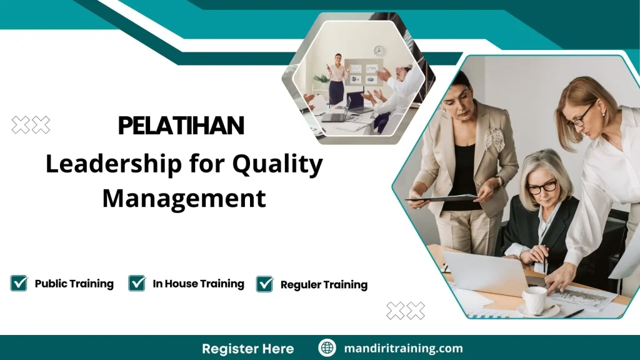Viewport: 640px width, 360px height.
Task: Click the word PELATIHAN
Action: point(181,126)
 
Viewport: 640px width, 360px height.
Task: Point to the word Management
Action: point(184,198)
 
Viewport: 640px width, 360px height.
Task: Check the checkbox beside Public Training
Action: point(19,283)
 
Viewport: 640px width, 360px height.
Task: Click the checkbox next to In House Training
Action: point(137,283)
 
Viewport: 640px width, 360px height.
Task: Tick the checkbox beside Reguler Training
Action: point(265,284)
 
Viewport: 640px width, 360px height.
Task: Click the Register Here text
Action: point(247,348)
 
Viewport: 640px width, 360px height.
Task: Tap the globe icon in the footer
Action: point(327,348)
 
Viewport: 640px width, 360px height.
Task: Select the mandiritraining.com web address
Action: point(404,348)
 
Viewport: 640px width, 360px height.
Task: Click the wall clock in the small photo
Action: point(379,51)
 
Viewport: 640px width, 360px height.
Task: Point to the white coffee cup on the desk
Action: point(534,301)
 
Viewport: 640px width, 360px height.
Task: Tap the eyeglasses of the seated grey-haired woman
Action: point(541,186)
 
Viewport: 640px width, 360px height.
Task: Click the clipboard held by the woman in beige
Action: point(441,198)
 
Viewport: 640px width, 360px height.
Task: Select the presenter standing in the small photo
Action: point(337,78)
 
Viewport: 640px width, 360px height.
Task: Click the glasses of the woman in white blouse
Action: point(582,117)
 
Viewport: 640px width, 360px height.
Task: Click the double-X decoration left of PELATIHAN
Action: point(31,125)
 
